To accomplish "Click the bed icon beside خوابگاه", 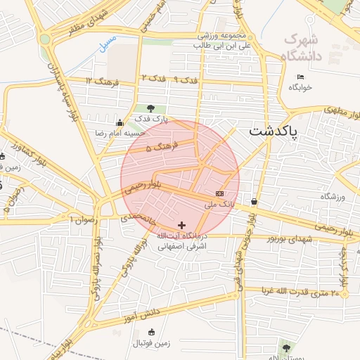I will tap(301, 77).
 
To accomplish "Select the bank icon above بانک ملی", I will tap(220, 193).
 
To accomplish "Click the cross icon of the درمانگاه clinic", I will tap(182, 224).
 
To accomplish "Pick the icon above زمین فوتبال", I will tap(152, 333).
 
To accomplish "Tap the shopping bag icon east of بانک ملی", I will tap(253, 202).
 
